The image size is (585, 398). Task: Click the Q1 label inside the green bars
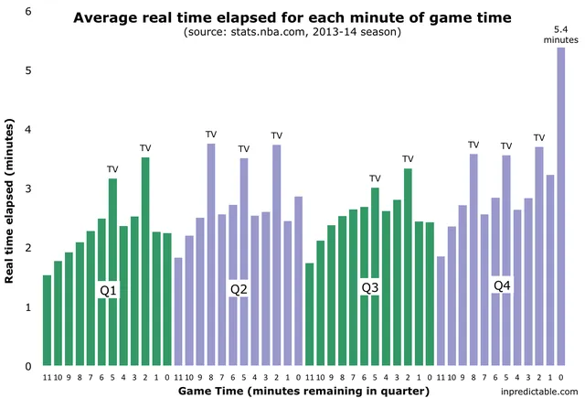(x=108, y=290)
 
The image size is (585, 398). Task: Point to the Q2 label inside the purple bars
(x=239, y=289)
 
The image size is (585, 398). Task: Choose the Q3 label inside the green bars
(x=370, y=288)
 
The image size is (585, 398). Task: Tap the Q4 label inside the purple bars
(x=502, y=285)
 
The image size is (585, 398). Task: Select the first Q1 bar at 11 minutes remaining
(x=47, y=320)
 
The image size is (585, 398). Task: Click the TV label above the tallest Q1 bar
(x=145, y=147)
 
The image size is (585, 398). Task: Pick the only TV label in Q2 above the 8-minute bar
(x=211, y=134)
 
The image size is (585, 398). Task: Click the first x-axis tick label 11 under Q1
(x=47, y=375)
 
